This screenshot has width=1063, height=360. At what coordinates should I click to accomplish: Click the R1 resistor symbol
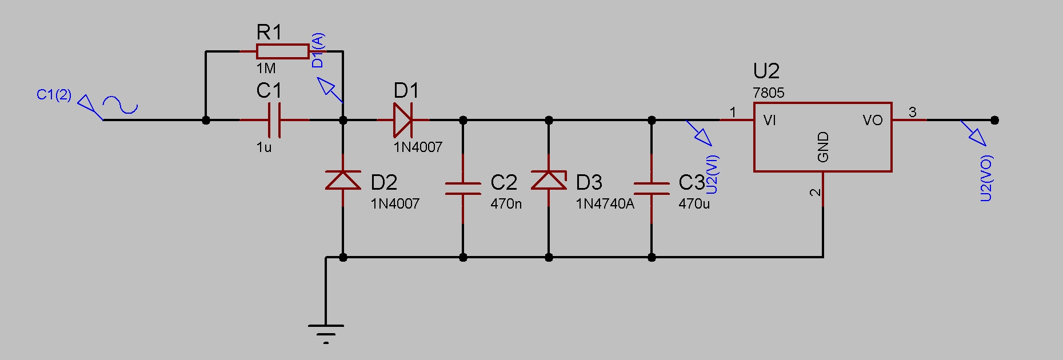point(282,51)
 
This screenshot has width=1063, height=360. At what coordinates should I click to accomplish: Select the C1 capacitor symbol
point(274,120)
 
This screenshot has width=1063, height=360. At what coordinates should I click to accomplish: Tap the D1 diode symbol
point(403,120)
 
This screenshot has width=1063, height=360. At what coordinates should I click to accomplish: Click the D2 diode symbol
point(343,180)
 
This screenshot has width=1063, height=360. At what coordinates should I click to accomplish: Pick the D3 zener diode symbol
point(549,180)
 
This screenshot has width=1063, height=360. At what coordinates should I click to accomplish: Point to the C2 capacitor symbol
point(463,189)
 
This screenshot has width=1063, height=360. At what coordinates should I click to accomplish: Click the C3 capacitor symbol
point(652,189)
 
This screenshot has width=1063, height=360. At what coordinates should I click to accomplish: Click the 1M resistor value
point(266,69)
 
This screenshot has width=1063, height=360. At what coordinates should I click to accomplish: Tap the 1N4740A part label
point(605,203)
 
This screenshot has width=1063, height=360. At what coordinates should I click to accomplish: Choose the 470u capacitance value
point(694,203)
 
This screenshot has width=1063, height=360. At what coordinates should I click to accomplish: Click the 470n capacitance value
point(506,203)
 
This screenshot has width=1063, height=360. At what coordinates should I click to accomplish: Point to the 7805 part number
point(768,93)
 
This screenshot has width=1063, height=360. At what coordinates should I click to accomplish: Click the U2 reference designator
point(766,71)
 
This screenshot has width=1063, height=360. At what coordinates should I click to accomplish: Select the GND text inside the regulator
point(823,147)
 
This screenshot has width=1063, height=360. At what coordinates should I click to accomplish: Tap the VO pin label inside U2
point(873,120)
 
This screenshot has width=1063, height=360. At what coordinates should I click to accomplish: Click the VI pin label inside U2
point(769,120)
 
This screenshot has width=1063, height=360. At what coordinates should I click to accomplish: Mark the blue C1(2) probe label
point(54,95)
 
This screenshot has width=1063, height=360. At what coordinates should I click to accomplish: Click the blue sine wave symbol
point(120,105)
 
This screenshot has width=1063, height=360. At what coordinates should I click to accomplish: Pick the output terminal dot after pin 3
point(994,120)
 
